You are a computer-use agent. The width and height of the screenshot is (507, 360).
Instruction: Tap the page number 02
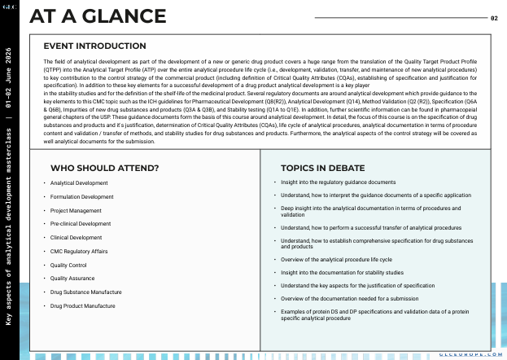(x=494, y=17)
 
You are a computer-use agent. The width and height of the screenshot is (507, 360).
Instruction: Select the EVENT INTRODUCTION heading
(x=94, y=46)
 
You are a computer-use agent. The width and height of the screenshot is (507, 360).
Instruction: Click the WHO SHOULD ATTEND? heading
(x=104, y=168)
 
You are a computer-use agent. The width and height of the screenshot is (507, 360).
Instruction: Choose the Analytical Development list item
(x=79, y=182)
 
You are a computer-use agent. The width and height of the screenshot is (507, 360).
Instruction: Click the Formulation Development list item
(x=81, y=196)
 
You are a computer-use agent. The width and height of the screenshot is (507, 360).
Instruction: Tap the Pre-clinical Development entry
(x=81, y=223)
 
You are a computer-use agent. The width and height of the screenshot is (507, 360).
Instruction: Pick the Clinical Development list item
(x=76, y=237)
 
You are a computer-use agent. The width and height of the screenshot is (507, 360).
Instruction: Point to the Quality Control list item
(x=68, y=265)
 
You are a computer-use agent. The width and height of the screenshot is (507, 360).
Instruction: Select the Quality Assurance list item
(x=72, y=279)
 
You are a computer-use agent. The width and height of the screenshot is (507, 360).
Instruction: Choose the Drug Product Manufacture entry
(x=82, y=305)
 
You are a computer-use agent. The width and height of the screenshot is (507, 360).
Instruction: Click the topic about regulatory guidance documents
(x=338, y=182)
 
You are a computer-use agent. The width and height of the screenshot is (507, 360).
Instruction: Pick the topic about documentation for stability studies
(x=342, y=272)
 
